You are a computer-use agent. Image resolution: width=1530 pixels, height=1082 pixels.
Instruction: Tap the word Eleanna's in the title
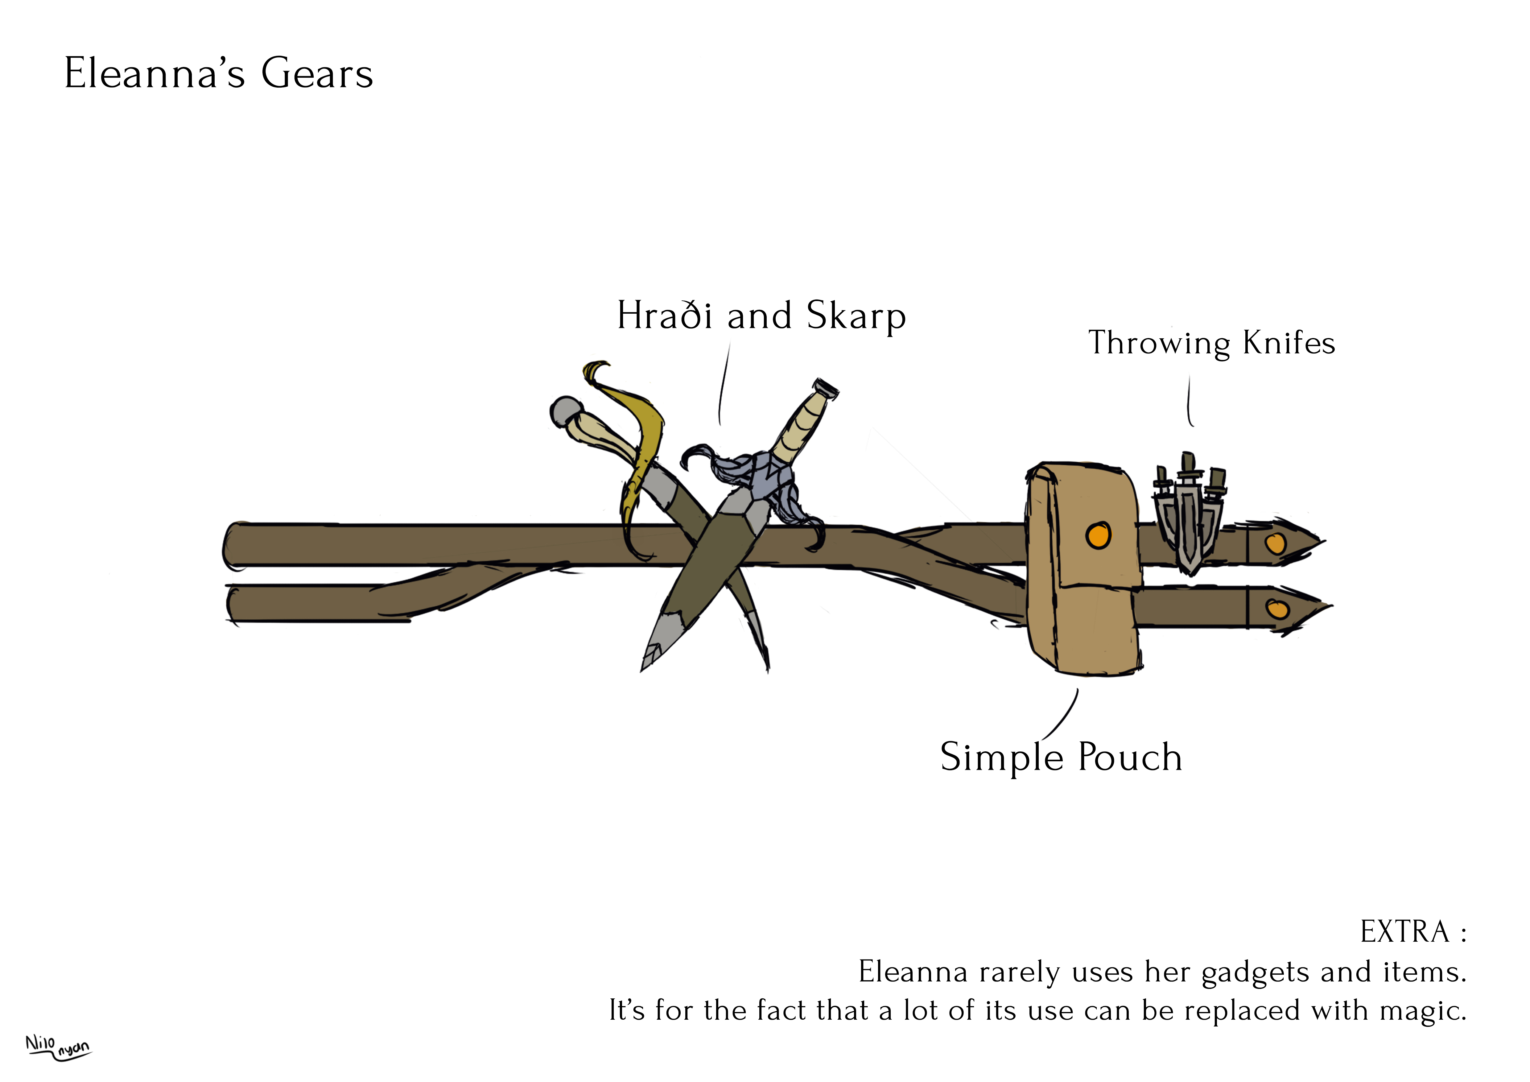(x=155, y=73)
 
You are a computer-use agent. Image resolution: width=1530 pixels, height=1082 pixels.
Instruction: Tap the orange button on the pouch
(x=1098, y=535)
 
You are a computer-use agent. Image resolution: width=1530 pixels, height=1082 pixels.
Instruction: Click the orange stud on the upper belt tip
(x=1275, y=544)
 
